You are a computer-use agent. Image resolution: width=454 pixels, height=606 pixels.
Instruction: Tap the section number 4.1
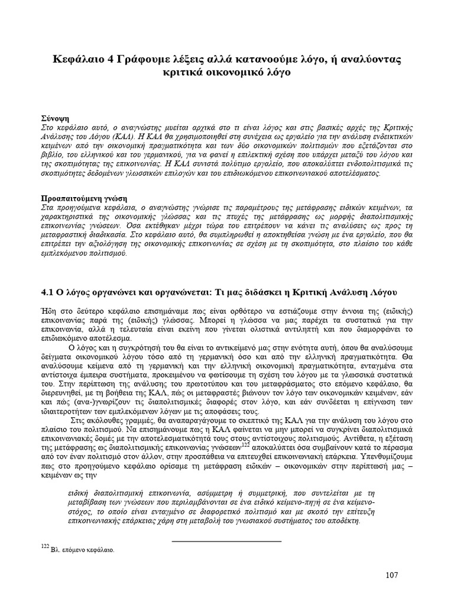click(47, 292)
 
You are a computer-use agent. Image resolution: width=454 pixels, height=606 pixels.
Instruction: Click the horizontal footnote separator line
click(226, 541)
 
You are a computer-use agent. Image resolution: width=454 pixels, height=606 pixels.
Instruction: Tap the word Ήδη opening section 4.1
click(48, 311)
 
